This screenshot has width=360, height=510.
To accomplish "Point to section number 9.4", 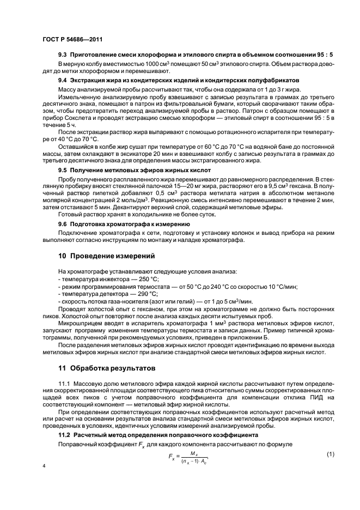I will point(63,81).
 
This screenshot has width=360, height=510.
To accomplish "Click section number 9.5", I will point(63,170).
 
